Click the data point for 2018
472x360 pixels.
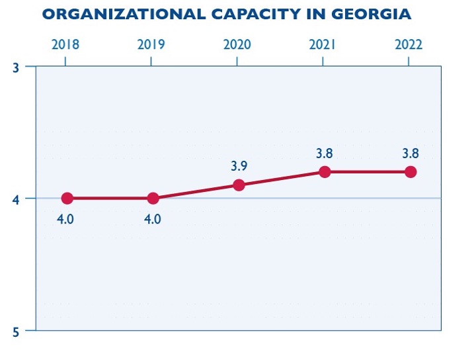[67, 198]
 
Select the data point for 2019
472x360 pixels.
[153, 198]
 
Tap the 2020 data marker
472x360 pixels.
[239, 185]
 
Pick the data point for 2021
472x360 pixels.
[325, 172]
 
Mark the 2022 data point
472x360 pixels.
[411, 172]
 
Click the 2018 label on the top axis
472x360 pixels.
[65, 45]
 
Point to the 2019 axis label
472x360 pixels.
[151, 45]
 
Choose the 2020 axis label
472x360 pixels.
[237, 45]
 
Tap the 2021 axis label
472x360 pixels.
[323, 45]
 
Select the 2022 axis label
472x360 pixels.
[409, 45]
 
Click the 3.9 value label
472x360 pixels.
[239, 166]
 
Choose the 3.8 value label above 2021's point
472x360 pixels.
[324, 154]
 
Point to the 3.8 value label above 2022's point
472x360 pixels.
[411, 154]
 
